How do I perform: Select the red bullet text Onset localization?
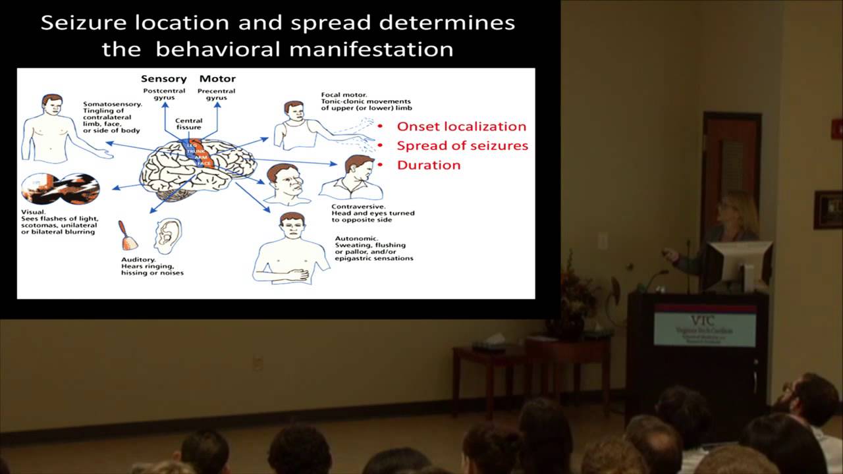[x=461, y=126]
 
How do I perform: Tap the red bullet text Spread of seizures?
[x=462, y=145]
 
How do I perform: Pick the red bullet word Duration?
[x=429, y=165]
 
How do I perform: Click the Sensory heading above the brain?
[x=163, y=79]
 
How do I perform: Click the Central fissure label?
[x=188, y=124]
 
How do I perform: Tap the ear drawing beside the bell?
[x=167, y=235]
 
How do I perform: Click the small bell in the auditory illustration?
[x=128, y=237]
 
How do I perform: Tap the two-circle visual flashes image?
[x=60, y=189]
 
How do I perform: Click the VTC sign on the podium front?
[x=705, y=329]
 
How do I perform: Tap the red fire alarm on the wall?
[x=837, y=128]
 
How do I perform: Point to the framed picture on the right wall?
[x=828, y=209]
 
